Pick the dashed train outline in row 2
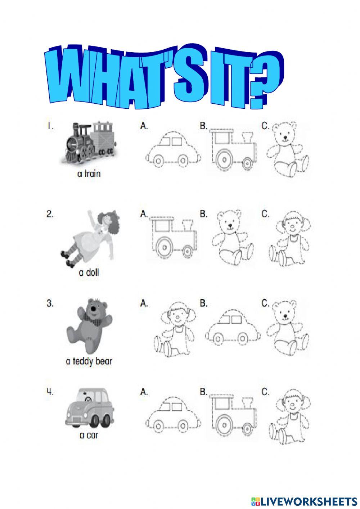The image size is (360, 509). [x=173, y=238]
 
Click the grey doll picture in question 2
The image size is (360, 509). [x=90, y=238]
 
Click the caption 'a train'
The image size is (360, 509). [x=89, y=174]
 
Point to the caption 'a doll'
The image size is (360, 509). [x=89, y=272]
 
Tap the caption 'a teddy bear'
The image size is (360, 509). [x=89, y=361]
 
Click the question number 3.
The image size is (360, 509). [x=50, y=303]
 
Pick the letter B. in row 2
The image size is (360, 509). [x=204, y=214]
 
